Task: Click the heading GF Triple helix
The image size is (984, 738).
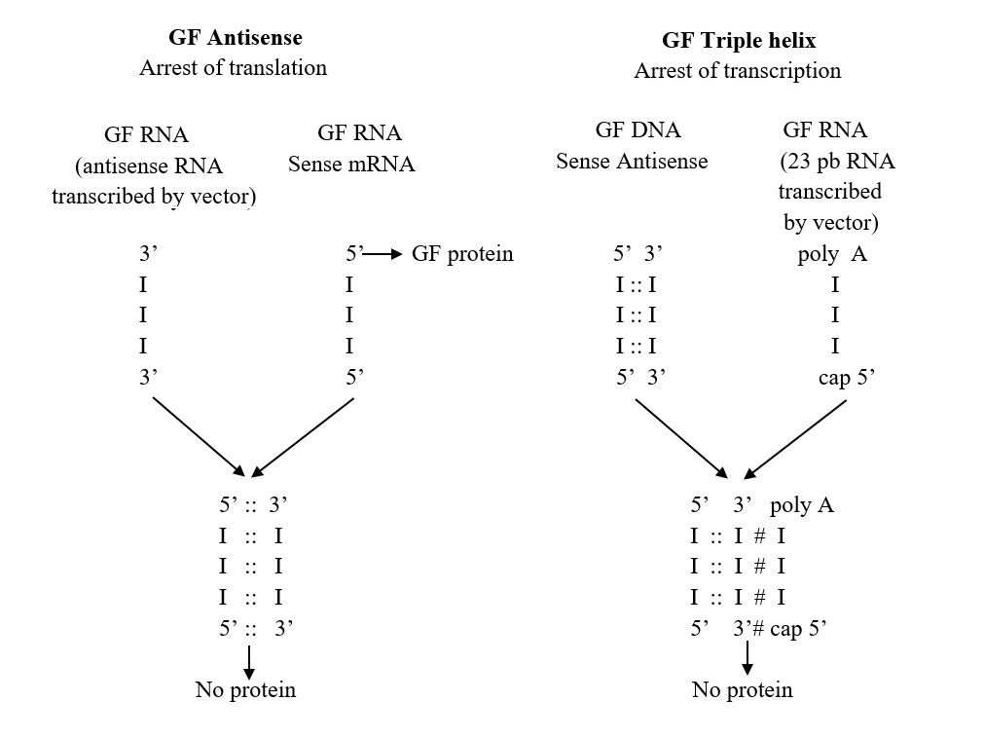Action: pyautogui.click(x=738, y=41)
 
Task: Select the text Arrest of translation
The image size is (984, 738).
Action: pyautogui.click(x=234, y=68)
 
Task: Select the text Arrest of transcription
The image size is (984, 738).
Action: pyautogui.click(x=738, y=71)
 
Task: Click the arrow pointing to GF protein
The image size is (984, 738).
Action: pyautogui.click(x=383, y=254)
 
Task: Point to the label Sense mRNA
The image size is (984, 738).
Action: pyautogui.click(x=351, y=164)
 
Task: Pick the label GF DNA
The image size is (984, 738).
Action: pyautogui.click(x=638, y=130)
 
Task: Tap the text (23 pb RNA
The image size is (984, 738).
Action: pyautogui.click(x=836, y=161)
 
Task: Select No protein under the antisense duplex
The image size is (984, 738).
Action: pyautogui.click(x=245, y=690)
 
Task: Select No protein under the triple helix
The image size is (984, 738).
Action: pyautogui.click(x=742, y=690)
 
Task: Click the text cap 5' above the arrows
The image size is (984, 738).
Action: pyautogui.click(x=849, y=378)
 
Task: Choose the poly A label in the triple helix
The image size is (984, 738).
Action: pyautogui.click(x=801, y=505)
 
